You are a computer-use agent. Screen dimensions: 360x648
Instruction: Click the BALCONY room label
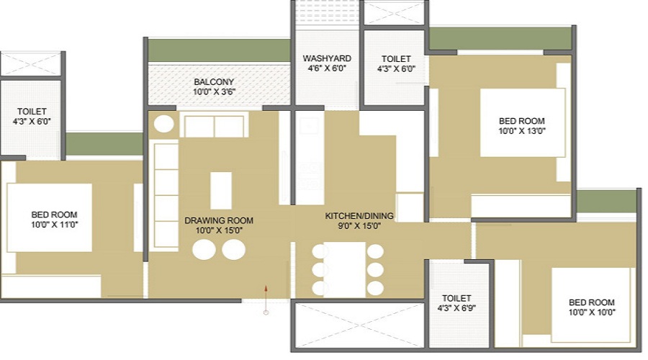[214, 82]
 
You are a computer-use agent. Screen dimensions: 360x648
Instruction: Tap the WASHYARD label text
[326, 58]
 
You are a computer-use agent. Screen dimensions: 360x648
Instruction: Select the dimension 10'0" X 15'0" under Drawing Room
[219, 231]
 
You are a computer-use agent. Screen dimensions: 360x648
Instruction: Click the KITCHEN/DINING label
[353, 216]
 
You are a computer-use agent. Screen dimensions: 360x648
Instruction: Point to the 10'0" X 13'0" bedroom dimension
[522, 131]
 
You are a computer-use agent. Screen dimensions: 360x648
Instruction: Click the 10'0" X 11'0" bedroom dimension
[54, 225]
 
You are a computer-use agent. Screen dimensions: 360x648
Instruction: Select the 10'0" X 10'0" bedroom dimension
[592, 312]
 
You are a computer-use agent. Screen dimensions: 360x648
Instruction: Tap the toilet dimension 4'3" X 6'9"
[456, 308]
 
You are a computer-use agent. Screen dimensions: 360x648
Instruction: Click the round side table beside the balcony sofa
[164, 124]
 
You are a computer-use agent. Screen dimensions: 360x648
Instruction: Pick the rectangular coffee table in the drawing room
[221, 191]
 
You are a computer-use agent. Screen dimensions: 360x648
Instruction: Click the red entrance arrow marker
[266, 289]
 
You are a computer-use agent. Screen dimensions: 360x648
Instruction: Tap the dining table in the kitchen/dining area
[344, 269]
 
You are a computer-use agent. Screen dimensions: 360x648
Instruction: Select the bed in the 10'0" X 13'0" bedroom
[523, 122]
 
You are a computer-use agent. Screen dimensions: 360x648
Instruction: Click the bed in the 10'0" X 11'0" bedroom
[50, 217]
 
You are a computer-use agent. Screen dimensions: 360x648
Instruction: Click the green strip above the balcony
[219, 50]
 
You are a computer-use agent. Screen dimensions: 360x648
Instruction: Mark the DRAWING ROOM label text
[219, 220]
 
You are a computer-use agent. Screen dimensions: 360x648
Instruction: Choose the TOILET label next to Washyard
[396, 59]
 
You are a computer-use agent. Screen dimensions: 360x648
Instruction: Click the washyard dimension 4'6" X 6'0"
[326, 69]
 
